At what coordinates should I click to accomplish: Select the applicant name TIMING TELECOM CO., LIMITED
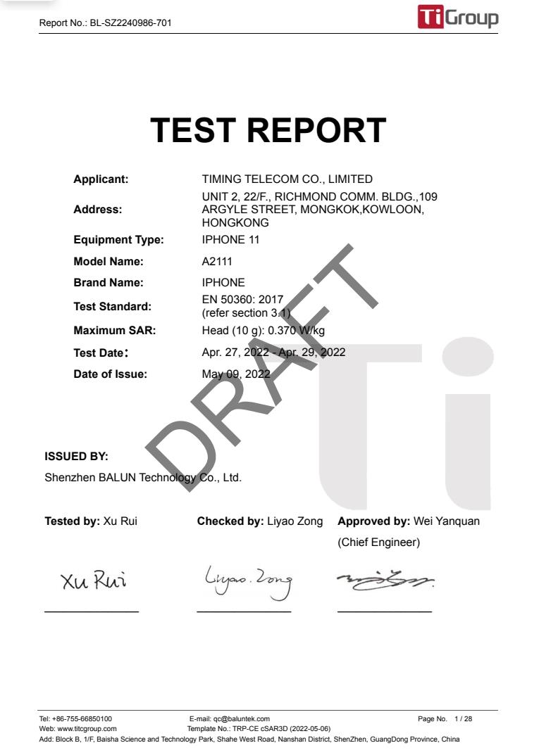287,179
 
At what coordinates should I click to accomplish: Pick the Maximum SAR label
114,329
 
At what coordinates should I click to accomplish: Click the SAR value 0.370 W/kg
297,329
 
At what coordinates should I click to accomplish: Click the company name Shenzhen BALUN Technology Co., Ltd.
143,478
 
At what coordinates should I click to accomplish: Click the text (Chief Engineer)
379,543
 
